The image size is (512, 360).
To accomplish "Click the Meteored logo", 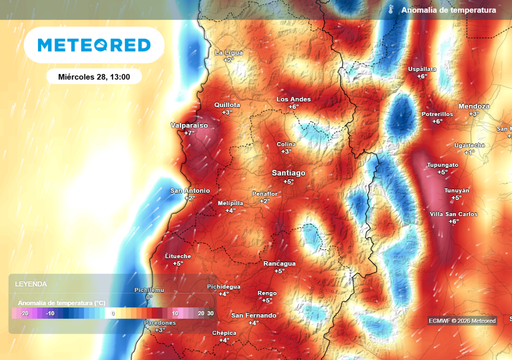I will [x=94, y=45].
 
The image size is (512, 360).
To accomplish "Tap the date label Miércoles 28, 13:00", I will [x=94, y=76].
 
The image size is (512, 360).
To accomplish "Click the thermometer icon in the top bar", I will [x=391, y=10].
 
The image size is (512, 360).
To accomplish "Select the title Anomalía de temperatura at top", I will [x=448, y=10].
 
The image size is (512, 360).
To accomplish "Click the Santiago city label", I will [x=288, y=173].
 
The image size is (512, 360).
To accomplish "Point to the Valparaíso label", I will [x=189, y=125].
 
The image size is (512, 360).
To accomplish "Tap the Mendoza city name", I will [x=473, y=106].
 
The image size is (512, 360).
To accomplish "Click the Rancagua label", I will [x=279, y=263].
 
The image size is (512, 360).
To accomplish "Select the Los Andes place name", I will [x=293, y=99].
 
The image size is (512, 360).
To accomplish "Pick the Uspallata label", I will [x=422, y=69].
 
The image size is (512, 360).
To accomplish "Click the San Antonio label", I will [x=190, y=190].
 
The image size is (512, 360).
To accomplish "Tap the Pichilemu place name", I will [x=149, y=290].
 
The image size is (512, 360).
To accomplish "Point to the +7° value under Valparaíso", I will [x=189, y=133].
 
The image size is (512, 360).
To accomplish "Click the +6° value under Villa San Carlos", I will [x=453, y=221].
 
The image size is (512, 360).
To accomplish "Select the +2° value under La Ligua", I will [x=228, y=60].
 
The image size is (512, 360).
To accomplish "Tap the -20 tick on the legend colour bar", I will [x=24, y=313].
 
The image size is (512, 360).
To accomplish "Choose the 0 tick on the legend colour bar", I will [x=113, y=313].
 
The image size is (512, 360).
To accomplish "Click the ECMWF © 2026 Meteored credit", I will [x=462, y=321].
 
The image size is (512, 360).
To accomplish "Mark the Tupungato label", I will [x=442, y=165].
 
